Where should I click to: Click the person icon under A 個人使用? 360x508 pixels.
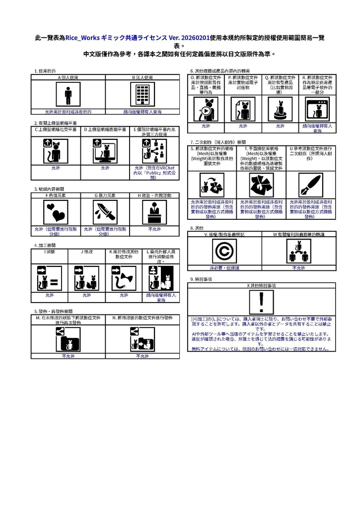(x=68, y=94)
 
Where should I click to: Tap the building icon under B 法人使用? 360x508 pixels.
(x=143, y=94)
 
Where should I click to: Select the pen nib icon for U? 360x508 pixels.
(x=309, y=186)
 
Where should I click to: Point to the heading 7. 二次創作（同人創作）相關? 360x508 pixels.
(x=217, y=142)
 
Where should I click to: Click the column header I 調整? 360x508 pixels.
(x=49, y=252)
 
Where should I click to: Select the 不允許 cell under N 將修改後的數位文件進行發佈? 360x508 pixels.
(x=142, y=356)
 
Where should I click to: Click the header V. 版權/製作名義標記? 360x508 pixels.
(x=224, y=234)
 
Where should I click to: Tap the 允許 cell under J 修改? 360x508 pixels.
(x=86, y=295)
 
